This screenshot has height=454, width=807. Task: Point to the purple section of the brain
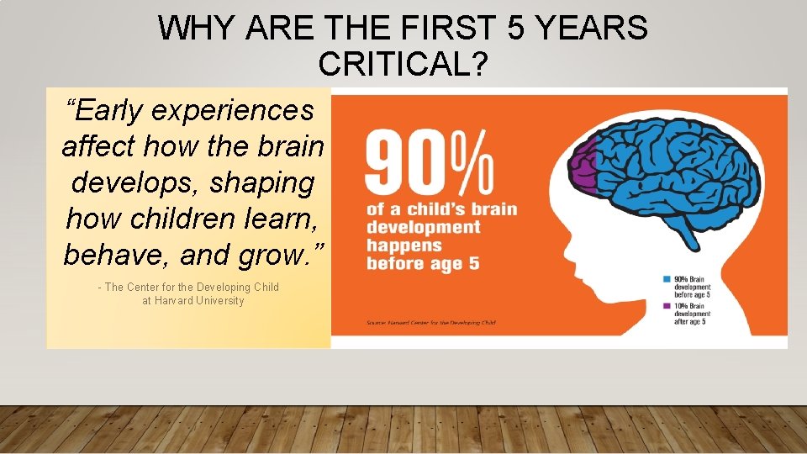click(583, 166)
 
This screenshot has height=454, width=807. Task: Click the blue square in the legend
click(666, 278)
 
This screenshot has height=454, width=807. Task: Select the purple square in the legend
click(666, 305)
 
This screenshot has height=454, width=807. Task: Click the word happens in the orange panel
click(403, 245)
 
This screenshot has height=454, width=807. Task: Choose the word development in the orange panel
click(423, 227)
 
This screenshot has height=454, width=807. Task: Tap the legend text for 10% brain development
click(692, 313)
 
